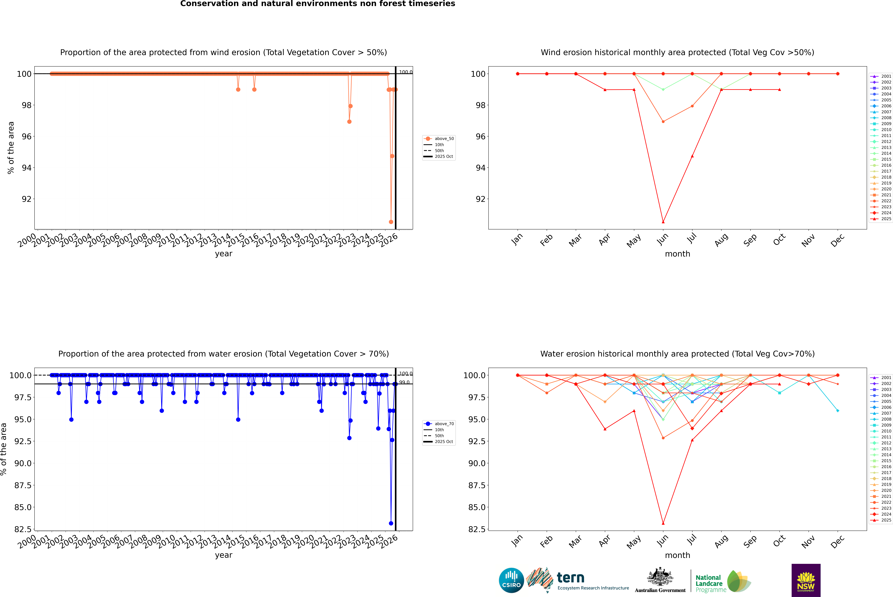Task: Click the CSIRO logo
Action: pyautogui.click(x=511, y=580)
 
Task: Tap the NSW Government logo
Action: pyautogui.click(x=806, y=580)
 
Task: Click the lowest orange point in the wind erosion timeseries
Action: pyautogui.click(x=391, y=222)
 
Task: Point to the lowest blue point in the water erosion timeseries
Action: pyautogui.click(x=391, y=523)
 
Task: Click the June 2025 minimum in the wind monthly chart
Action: pyautogui.click(x=663, y=222)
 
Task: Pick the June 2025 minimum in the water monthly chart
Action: pyautogui.click(x=663, y=523)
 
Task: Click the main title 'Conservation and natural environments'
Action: pyautogui.click(x=318, y=4)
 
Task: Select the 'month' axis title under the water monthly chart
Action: pyautogui.click(x=677, y=555)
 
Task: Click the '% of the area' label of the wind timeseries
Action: pyautogui.click(x=11, y=148)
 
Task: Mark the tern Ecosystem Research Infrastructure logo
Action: pyautogui.click(x=577, y=580)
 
